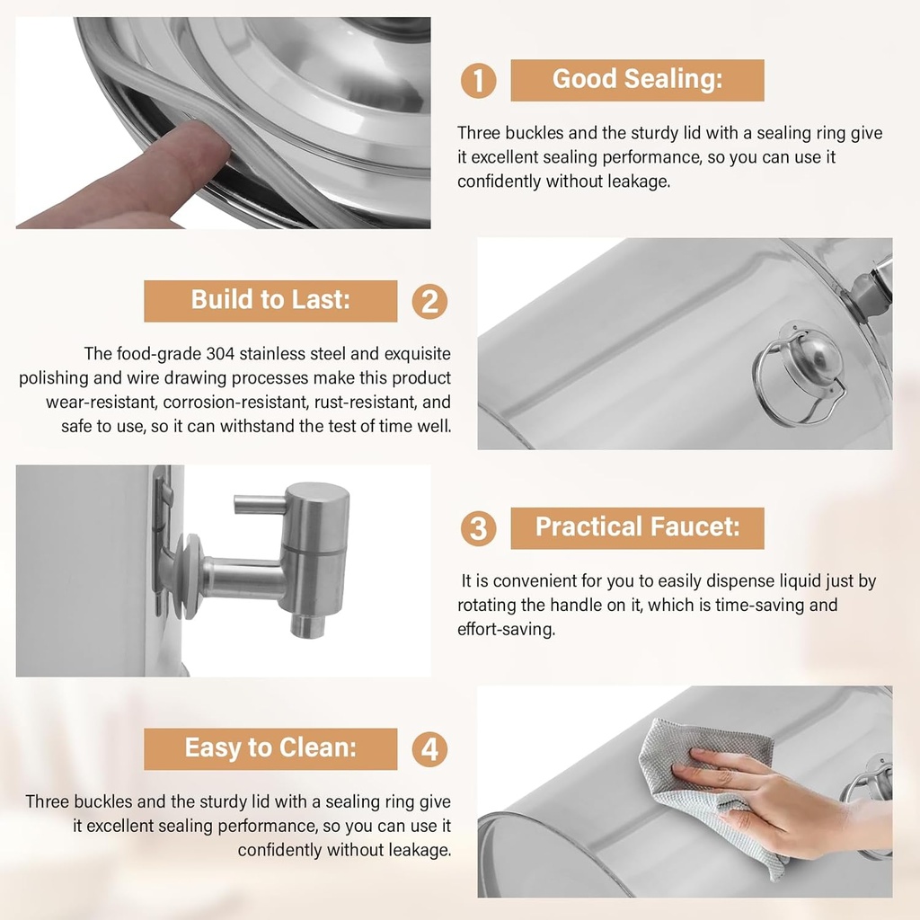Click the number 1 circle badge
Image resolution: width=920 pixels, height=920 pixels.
478,81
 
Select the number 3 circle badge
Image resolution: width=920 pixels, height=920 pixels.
478,528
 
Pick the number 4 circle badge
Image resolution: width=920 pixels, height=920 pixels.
429,748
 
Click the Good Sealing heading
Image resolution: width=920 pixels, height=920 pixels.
637,80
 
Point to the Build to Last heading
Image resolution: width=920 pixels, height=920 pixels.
270,300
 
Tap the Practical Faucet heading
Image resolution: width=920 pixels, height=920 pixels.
637,527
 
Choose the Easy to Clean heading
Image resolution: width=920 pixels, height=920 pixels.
270,747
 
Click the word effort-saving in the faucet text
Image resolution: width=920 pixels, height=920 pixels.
506,629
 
